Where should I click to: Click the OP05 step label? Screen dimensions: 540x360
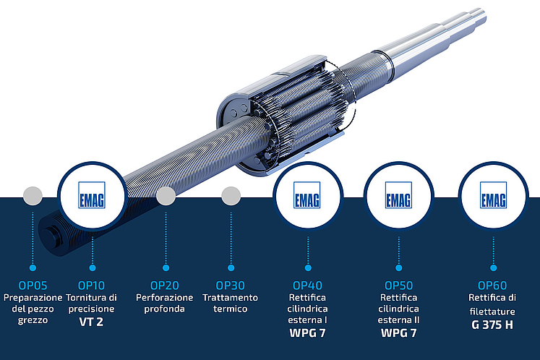click(33, 286)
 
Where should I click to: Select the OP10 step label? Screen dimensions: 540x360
click(91, 286)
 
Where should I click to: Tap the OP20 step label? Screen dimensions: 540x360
click(165, 286)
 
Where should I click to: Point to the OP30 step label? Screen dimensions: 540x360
click(230, 286)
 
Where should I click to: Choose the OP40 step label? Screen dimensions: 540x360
click(307, 286)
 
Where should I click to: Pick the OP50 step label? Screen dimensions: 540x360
click(398, 286)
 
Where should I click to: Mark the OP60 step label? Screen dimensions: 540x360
click(492, 286)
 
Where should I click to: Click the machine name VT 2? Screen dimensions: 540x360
click(91, 322)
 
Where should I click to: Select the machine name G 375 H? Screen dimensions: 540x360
click(492, 325)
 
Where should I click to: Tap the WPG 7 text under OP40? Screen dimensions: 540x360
click(307, 333)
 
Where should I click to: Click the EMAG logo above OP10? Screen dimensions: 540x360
click(92, 195)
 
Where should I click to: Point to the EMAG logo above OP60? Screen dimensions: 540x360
click(493, 195)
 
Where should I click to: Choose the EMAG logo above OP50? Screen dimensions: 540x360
click(398, 195)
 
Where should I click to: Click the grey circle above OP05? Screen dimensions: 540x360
click(33, 196)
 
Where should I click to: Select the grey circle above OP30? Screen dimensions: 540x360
click(231, 196)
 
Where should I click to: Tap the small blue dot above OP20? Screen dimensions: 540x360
click(166, 267)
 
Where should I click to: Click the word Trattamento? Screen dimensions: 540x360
click(230, 297)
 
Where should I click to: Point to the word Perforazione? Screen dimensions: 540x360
click(165, 297)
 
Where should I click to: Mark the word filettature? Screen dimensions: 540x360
click(492, 312)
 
